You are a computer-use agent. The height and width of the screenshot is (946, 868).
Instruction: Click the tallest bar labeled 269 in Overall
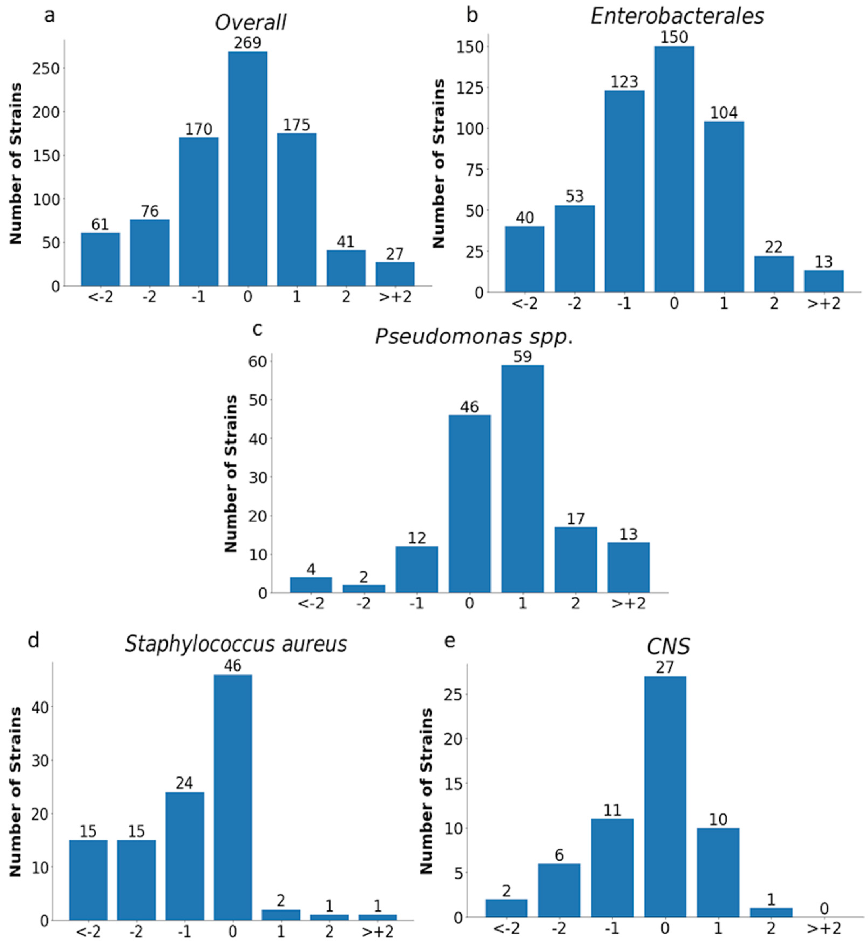tap(248, 169)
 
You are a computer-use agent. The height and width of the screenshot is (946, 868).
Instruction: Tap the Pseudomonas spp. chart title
tap(474, 337)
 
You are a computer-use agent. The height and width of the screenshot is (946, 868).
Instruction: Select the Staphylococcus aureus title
tap(236, 644)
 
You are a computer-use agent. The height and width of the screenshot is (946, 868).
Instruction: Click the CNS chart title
tap(668, 647)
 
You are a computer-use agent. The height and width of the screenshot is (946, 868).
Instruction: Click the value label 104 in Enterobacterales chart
tap(723, 113)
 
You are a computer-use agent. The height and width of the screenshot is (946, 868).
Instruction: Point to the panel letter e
tap(450, 641)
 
